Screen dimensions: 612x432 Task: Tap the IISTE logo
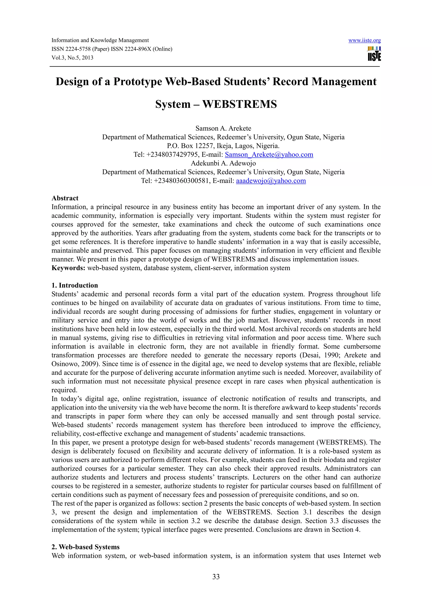coord(374,54)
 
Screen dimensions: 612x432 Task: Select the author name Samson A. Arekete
coord(223,128)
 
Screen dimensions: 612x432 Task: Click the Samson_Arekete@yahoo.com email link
coord(269,155)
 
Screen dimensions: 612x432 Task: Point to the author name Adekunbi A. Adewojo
coord(223,163)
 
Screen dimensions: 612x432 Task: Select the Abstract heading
coord(65,198)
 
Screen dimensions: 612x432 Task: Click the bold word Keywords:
coord(68,268)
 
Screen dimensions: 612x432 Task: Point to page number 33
coord(216,577)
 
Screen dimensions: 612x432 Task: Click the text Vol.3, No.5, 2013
coord(72,58)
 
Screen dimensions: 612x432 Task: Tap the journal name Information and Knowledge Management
coord(100,40)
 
